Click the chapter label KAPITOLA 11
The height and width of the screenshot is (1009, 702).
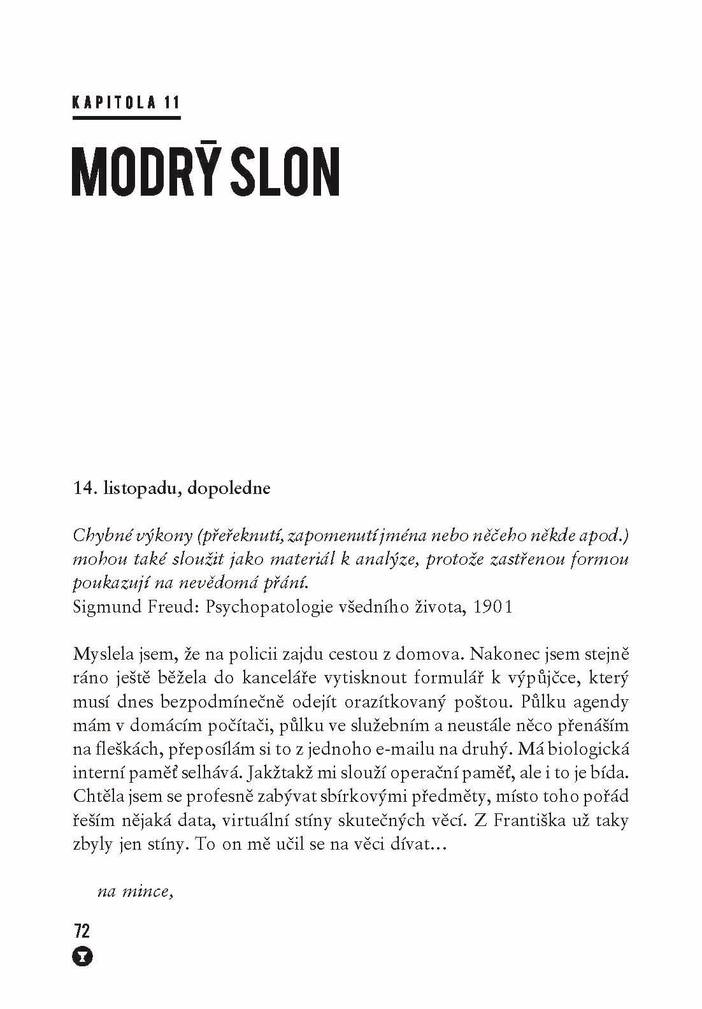pos(127,103)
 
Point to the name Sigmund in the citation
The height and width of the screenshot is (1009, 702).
pos(104,606)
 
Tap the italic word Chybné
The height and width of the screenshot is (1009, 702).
pos(101,536)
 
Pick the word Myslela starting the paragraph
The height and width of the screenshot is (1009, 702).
pos(98,654)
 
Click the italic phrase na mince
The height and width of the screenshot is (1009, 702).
pos(136,890)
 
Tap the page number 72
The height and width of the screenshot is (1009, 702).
pos(82,931)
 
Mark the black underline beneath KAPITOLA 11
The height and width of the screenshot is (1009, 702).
pos(127,117)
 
